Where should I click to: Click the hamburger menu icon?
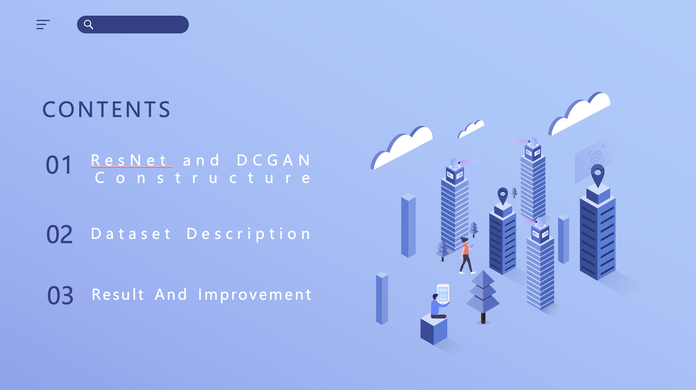tap(43, 24)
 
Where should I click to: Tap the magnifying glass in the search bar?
tap(88, 24)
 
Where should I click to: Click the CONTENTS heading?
tap(107, 109)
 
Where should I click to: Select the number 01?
tap(59, 165)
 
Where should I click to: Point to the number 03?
tap(60, 296)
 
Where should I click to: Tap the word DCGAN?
tap(274, 160)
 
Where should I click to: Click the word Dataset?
tap(131, 234)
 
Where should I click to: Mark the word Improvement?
tap(255, 295)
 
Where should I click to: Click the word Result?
tap(118, 294)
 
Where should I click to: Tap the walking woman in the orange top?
tap(466, 255)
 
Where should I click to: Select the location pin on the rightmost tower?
tap(598, 175)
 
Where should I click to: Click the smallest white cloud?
tap(471, 129)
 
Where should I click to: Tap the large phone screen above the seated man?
tap(443, 293)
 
